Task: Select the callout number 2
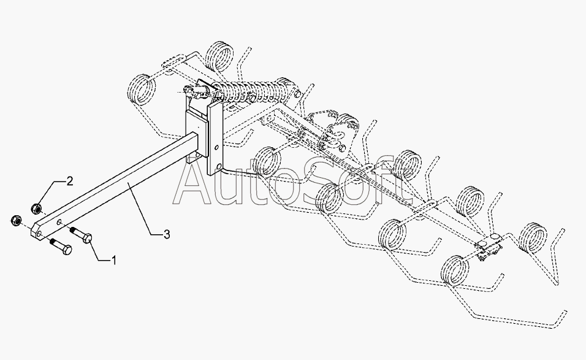[x=70, y=181]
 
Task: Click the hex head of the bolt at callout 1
[x=86, y=237]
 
